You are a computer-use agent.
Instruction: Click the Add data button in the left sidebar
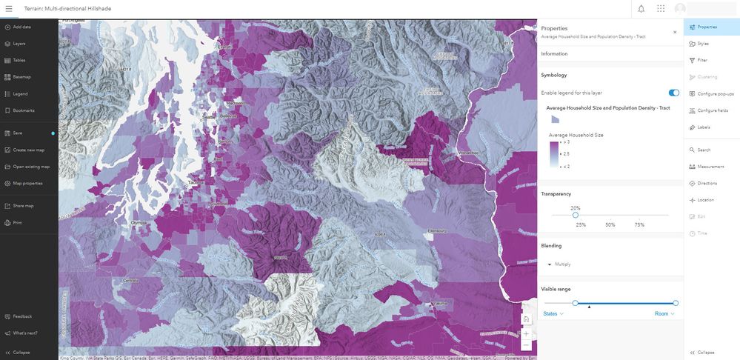(x=21, y=27)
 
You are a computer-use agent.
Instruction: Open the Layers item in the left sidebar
(x=19, y=44)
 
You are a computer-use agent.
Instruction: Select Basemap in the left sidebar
(x=21, y=77)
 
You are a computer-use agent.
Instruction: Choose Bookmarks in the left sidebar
(x=23, y=110)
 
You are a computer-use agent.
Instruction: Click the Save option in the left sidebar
(x=17, y=133)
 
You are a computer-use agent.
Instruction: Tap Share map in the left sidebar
(x=22, y=206)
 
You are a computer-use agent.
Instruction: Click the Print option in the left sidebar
(x=17, y=222)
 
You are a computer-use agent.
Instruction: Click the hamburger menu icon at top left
(x=9, y=9)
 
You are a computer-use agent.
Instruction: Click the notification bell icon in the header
(x=641, y=9)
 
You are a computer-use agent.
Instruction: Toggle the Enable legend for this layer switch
(x=673, y=93)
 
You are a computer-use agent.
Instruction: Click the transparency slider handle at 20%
(x=576, y=215)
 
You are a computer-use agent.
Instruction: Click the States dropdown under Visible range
(x=553, y=314)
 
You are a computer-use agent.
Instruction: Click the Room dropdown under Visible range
(x=664, y=314)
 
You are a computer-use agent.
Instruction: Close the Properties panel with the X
(x=674, y=32)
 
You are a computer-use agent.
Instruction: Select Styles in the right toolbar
(x=702, y=44)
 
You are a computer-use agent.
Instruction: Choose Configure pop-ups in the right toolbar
(x=715, y=94)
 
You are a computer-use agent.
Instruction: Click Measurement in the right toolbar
(x=710, y=167)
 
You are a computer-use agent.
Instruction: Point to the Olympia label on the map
(x=139, y=221)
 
